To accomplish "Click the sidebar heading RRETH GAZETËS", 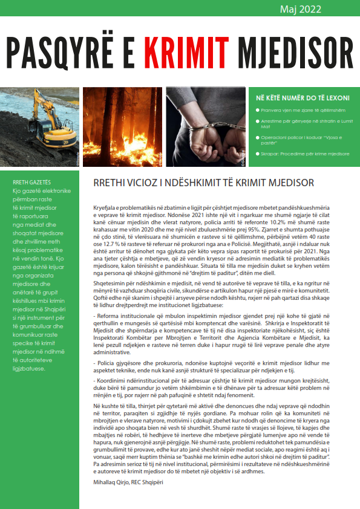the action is tap(31, 181).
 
